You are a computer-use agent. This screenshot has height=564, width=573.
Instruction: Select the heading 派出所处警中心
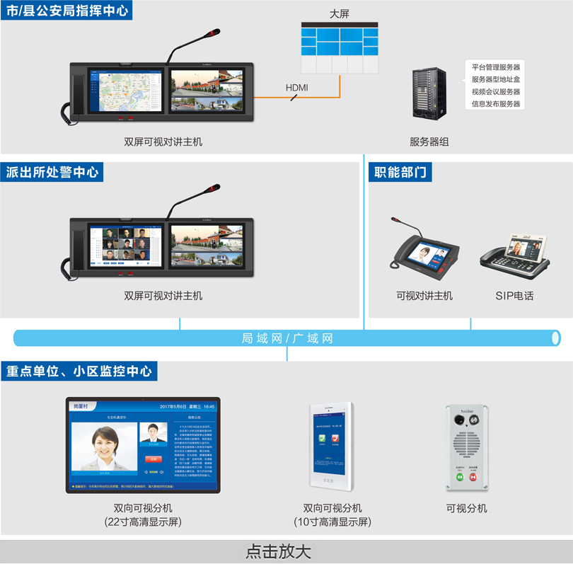(52, 172)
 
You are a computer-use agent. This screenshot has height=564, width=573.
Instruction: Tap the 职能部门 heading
(400, 172)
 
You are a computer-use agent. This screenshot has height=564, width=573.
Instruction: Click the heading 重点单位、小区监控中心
(79, 371)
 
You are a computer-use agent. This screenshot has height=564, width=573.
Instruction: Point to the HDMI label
(296, 87)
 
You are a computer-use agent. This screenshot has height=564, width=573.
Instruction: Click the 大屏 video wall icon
(339, 47)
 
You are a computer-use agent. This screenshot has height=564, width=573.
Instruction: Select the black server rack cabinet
(429, 93)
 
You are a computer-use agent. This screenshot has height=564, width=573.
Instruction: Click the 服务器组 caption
(429, 142)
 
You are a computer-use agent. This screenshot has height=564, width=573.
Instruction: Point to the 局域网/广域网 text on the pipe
(286, 339)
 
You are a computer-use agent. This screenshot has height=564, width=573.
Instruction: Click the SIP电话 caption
(514, 296)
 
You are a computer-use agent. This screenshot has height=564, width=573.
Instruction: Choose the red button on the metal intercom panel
(474, 477)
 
